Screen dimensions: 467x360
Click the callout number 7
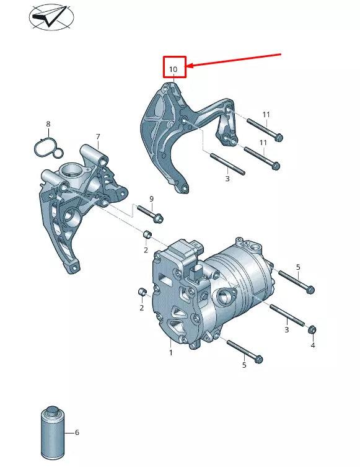point(97,136)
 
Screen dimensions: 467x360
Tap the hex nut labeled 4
point(312,329)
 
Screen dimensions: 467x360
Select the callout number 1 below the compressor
point(171,353)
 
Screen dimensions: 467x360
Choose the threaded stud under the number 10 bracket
point(227,163)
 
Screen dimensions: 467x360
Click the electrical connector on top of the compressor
point(190,251)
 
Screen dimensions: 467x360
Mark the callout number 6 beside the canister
point(77,432)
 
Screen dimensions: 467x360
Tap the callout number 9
point(151,198)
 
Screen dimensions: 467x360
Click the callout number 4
point(312,345)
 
